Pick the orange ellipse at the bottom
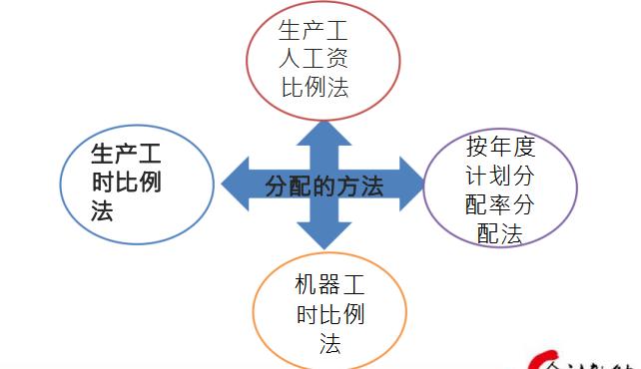coord(256,308)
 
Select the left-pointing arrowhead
coord(236,184)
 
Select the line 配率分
coord(500,205)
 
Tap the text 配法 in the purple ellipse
coord(500,234)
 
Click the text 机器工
coord(329,285)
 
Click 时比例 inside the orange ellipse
coord(329,315)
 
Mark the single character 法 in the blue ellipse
coord(102,212)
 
